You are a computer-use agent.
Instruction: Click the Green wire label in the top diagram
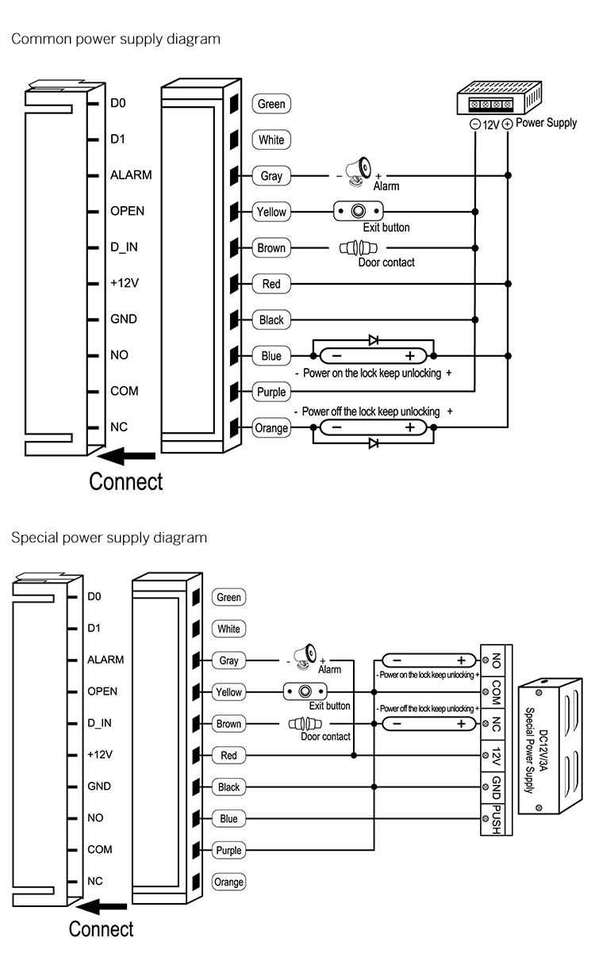coord(271,104)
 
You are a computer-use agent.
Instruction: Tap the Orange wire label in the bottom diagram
coord(228,882)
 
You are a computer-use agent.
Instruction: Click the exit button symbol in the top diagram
coord(359,212)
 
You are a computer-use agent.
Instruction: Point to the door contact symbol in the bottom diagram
coord(303,724)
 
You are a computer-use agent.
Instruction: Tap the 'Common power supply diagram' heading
coord(115,39)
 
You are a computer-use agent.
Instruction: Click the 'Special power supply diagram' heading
coord(109,538)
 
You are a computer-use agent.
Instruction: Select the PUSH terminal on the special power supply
coord(495,818)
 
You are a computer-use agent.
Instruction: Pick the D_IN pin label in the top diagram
coord(124,247)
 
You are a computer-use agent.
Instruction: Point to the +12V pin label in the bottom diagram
coord(99,755)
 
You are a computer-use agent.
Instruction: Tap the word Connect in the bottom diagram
coord(101,928)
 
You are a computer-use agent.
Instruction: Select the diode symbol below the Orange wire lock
coord(374,443)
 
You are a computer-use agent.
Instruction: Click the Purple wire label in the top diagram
coord(271,392)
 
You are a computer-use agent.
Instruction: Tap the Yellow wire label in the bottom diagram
coord(228,692)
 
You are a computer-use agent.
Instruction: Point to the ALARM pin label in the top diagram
coord(130,175)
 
